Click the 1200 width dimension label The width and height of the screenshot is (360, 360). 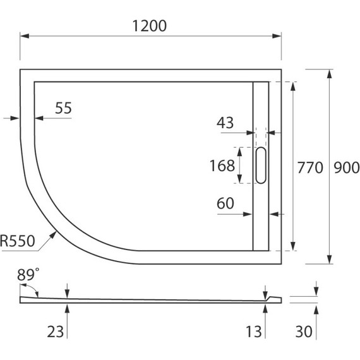150,26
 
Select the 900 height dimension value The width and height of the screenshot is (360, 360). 346,167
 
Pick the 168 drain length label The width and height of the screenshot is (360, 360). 222,165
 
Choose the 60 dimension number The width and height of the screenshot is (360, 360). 225,203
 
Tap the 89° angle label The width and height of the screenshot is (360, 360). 28,274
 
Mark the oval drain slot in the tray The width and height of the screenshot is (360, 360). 261,165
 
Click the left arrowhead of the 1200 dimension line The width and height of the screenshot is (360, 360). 23,36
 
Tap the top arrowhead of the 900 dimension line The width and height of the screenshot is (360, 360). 328,73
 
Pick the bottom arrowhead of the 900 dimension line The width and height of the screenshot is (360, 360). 328,261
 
